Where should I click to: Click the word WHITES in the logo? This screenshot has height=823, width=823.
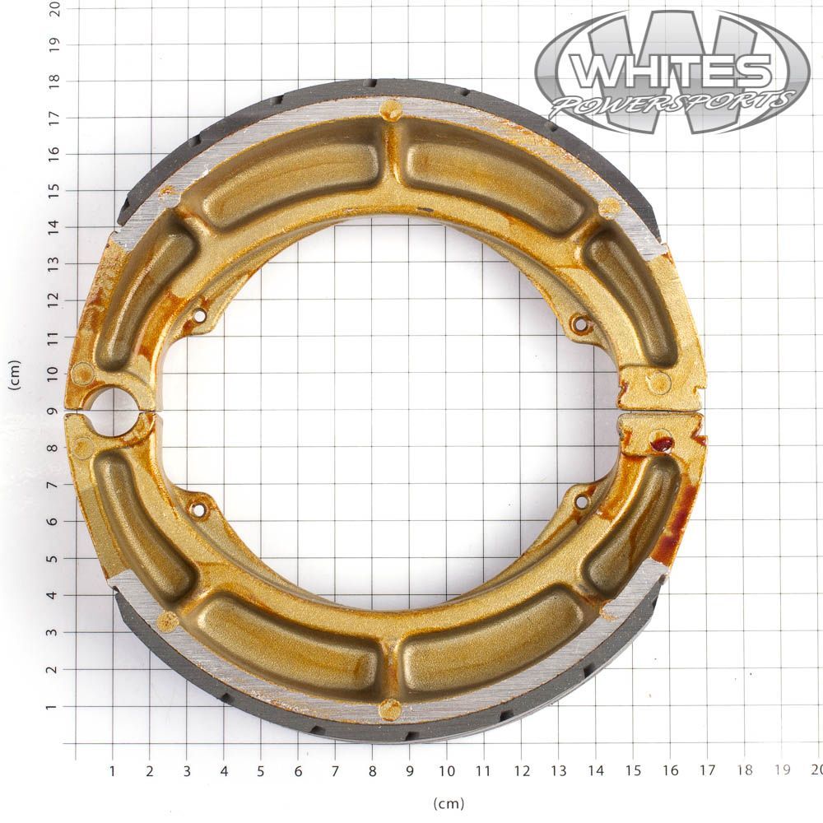click(x=671, y=71)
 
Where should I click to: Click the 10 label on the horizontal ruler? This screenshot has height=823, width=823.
click(x=447, y=771)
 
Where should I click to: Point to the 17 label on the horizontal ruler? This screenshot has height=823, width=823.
click(x=707, y=770)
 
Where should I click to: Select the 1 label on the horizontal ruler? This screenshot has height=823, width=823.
click(x=112, y=771)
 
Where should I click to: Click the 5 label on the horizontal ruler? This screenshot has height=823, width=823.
click(x=261, y=771)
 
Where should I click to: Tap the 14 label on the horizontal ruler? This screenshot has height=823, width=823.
click(x=596, y=770)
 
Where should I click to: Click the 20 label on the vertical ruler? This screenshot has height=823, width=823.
click(x=54, y=8)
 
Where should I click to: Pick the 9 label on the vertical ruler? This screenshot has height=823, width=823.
click(x=53, y=411)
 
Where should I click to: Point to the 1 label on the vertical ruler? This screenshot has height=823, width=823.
click(x=51, y=707)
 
